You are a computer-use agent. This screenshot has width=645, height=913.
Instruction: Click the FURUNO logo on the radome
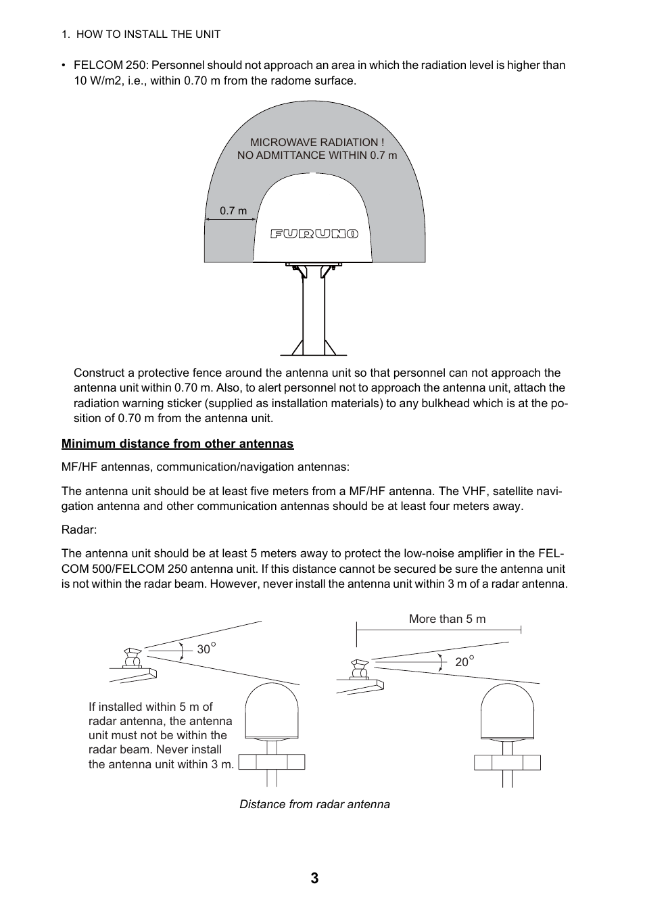(x=314, y=234)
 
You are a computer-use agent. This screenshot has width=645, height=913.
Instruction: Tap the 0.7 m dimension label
(x=233, y=210)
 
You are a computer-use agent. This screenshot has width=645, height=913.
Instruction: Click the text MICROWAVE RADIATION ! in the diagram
(x=317, y=142)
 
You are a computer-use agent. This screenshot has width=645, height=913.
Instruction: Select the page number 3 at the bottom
(x=314, y=879)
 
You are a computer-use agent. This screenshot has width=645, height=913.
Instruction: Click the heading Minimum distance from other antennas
(x=177, y=444)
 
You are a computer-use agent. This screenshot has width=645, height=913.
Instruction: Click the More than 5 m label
(x=447, y=619)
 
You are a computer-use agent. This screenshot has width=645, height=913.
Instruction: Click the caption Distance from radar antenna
(x=314, y=804)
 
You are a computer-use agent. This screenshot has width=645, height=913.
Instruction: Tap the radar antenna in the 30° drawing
(x=132, y=657)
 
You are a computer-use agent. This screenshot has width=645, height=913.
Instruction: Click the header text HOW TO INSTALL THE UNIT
(x=148, y=34)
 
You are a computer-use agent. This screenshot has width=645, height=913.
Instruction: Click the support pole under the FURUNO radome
(x=313, y=314)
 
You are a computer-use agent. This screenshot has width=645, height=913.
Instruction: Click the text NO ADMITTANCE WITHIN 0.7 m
(x=317, y=156)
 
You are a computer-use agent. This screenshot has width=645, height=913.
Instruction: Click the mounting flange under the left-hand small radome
(x=272, y=762)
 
